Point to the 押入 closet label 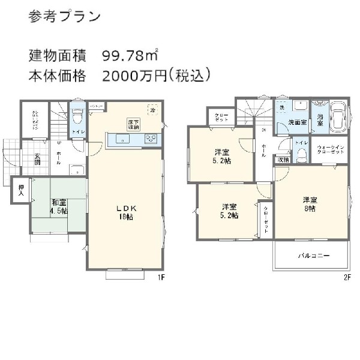(20, 190)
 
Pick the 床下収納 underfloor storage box (133, 124)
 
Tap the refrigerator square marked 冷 (154, 111)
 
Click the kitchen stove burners (150, 139)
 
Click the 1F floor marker (161, 277)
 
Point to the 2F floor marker (347, 277)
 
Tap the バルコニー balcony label (314, 256)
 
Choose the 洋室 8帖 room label (310, 204)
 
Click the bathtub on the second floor (338, 116)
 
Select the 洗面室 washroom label (298, 122)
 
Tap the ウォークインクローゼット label (331, 150)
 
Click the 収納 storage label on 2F (283, 160)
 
